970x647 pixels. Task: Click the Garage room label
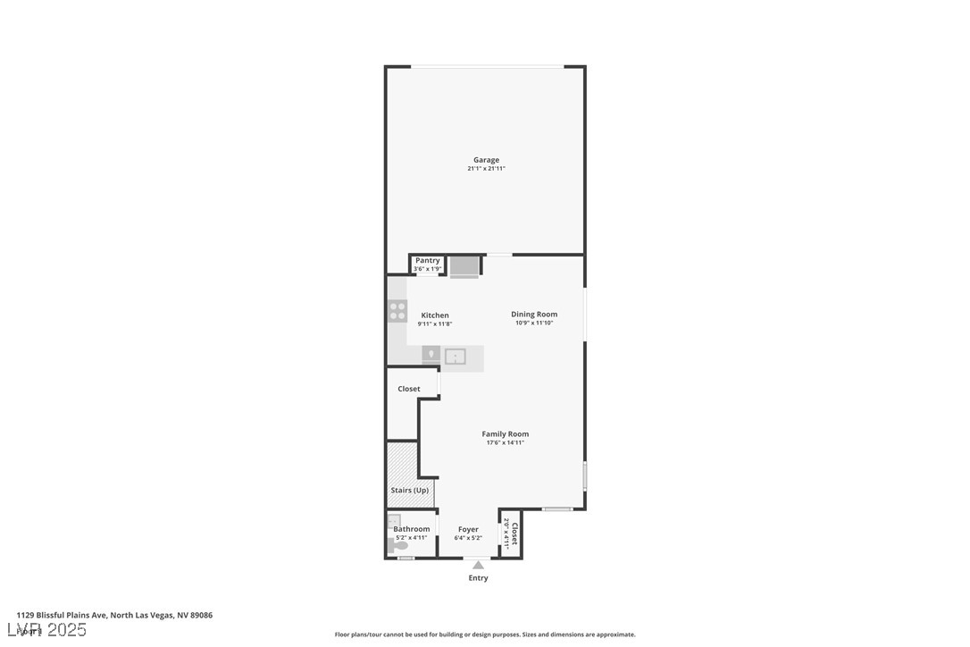(x=486, y=160)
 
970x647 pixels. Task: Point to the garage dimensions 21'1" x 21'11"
(x=486, y=169)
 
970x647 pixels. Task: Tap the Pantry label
(x=427, y=260)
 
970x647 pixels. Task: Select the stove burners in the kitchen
(x=397, y=311)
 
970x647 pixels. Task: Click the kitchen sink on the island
(x=456, y=357)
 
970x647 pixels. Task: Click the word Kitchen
(x=435, y=315)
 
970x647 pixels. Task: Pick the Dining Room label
(x=534, y=314)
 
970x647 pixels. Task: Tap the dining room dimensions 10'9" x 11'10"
(x=534, y=323)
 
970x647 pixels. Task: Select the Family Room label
(x=506, y=434)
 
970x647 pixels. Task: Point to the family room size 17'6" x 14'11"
(x=506, y=442)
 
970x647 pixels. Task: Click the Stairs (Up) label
(x=410, y=490)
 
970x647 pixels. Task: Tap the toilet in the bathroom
(x=399, y=544)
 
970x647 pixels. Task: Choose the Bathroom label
(x=412, y=529)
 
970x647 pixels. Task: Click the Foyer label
(x=468, y=529)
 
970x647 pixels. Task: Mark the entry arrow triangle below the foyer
(x=479, y=565)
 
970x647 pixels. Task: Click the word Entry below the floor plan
(x=479, y=578)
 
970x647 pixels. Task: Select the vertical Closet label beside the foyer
(x=514, y=534)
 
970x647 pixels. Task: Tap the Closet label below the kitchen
(x=409, y=389)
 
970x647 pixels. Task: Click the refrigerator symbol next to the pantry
(x=464, y=266)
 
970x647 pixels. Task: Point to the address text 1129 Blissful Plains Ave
(x=62, y=615)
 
